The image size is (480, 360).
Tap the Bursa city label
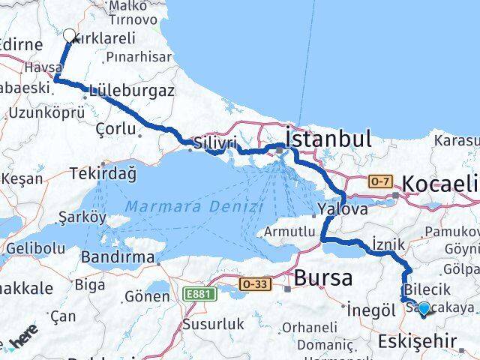pyautogui.click(x=322, y=277)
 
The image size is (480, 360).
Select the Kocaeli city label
pyautogui.click(x=440, y=184)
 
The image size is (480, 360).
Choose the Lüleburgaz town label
pyautogui.click(x=131, y=91)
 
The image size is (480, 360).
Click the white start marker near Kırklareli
pyautogui.click(x=70, y=35)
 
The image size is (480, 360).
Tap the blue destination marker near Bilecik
pyautogui.click(x=424, y=308)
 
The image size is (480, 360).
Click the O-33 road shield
pyautogui.click(x=254, y=284)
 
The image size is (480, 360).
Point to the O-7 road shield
pyautogui.click(x=379, y=181)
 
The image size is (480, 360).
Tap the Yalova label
pyautogui.click(x=335, y=209)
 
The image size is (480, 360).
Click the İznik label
pyautogui.click(x=387, y=244)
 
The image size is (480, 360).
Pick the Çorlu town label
pyautogui.click(x=116, y=128)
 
